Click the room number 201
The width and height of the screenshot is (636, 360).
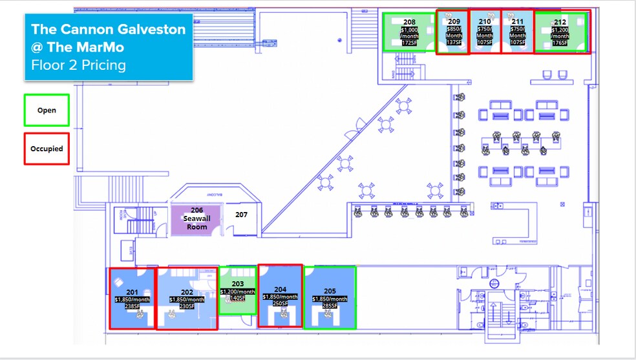point(132,291)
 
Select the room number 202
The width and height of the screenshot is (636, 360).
point(187,292)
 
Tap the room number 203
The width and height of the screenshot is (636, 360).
point(238,284)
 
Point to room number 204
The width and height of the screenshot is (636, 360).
point(280,290)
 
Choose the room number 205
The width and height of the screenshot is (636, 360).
point(330,291)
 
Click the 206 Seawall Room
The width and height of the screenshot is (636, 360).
point(196,218)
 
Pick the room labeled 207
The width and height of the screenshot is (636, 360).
point(241,215)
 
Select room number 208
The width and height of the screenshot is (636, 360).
point(409,22)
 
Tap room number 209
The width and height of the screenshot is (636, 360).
point(454,21)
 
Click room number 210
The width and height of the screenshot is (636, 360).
point(485,21)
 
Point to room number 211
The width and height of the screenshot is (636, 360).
point(517,21)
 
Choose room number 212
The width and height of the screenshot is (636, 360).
point(560,22)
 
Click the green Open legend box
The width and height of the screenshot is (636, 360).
point(46,110)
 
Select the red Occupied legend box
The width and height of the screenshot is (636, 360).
point(46,149)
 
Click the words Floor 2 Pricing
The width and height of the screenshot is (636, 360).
point(78,65)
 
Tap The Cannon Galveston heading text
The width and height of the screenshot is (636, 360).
point(108,30)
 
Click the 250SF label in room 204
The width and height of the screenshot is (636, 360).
point(280,304)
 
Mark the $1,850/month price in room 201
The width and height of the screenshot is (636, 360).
point(132,299)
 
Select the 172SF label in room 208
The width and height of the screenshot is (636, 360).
point(410,43)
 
